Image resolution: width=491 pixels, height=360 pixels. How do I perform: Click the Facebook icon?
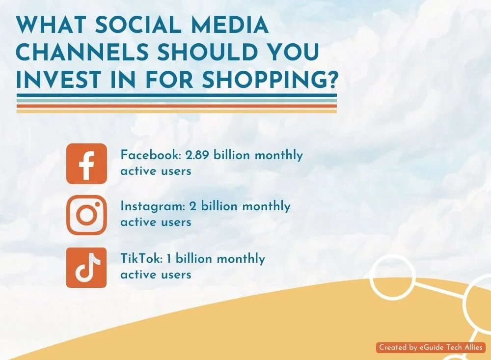click(x=86, y=164)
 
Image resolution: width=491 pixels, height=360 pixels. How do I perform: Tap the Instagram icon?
click(x=86, y=215)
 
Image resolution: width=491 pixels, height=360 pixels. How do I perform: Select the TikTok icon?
click(x=86, y=267)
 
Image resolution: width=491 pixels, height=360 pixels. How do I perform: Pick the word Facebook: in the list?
click(x=150, y=155)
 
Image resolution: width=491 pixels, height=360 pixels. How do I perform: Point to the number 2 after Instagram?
click(x=193, y=206)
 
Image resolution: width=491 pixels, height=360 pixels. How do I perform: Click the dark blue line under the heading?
click(x=177, y=95)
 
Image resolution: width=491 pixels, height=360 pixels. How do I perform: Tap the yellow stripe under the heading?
click(x=177, y=111)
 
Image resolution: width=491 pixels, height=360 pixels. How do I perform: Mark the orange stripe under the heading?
click(x=177, y=106)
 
